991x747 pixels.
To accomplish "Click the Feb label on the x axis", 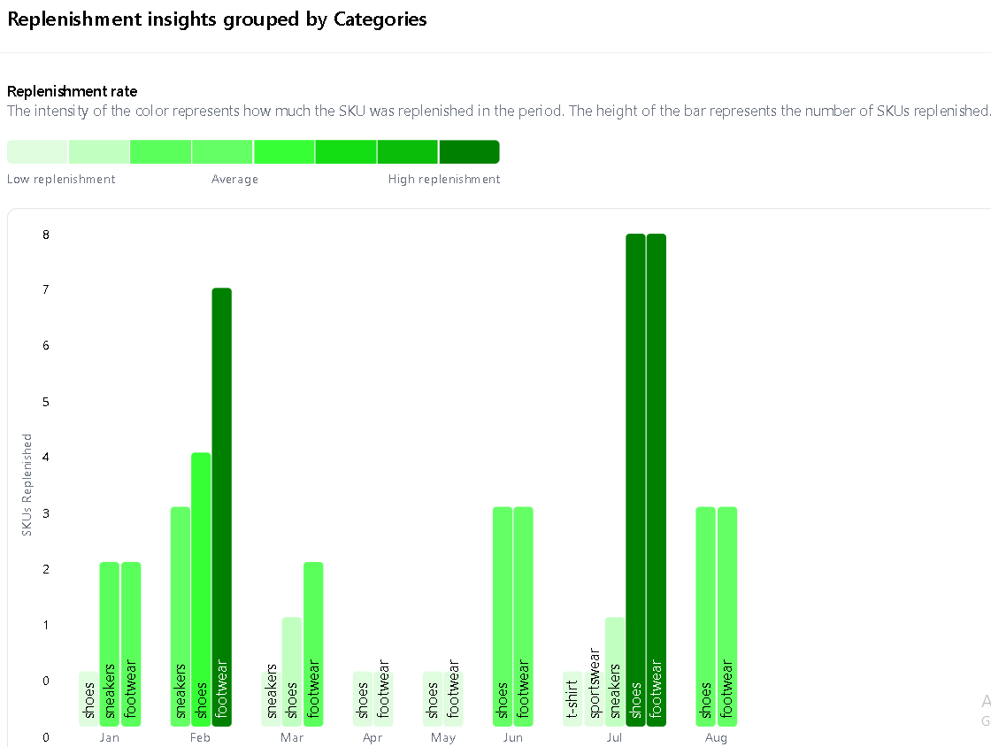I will point(200,738).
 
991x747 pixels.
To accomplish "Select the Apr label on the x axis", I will point(373,738).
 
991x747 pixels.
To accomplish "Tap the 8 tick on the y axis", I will point(45,235).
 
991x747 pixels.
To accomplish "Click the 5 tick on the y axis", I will point(45,402).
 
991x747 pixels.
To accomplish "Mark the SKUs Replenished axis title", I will point(27,484).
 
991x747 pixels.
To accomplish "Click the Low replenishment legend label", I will point(61,180).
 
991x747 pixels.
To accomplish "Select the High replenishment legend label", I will point(444,180).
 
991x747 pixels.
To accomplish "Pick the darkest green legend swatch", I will point(469,151).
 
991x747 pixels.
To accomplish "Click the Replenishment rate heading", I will point(72,91).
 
